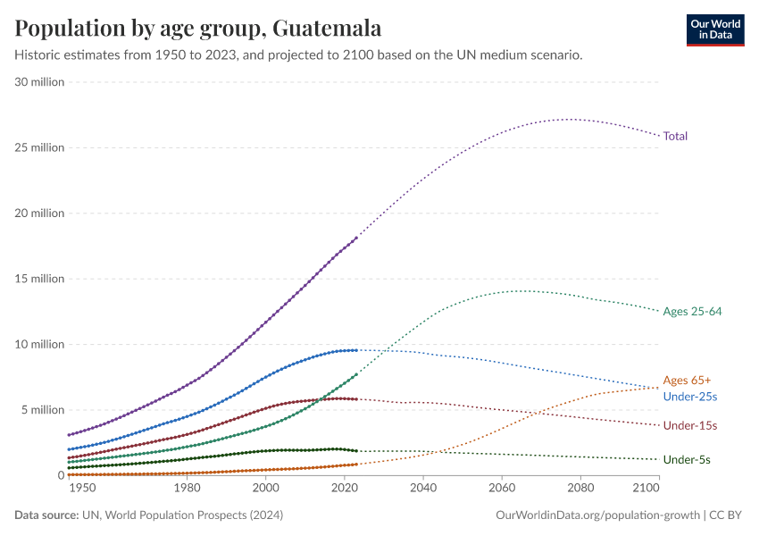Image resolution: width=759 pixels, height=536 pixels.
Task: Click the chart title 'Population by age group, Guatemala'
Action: pyautogui.click(x=198, y=29)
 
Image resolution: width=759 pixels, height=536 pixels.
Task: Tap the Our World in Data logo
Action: pyautogui.click(x=715, y=29)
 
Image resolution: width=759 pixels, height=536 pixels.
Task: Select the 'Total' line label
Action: pyautogui.click(x=675, y=136)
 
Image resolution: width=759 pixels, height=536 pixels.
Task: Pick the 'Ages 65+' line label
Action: pyautogui.click(x=687, y=380)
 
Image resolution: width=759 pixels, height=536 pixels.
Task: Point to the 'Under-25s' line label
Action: pyautogui.click(x=690, y=396)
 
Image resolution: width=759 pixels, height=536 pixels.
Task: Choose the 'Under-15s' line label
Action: pyautogui.click(x=690, y=425)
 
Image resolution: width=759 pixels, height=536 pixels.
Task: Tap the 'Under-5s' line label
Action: pyautogui.click(x=687, y=459)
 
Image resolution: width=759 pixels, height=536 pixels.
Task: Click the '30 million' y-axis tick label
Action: pyautogui.click(x=39, y=82)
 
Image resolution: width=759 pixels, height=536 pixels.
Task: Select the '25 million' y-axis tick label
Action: pyautogui.click(x=39, y=147)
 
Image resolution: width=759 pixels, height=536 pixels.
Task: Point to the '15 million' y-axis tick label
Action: pyautogui.click(x=39, y=279)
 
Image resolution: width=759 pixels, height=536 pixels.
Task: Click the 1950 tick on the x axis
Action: pyautogui.click(x=81, y=489)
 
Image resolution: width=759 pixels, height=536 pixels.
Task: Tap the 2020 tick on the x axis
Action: pyautogui.click(x=345, y=489)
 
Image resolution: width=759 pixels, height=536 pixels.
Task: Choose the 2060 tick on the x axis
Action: pyautogui.click(x=502, y=489)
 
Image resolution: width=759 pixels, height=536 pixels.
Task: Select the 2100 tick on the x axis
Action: pyautogui.click(x=646, y=489)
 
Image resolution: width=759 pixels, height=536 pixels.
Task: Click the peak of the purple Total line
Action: pyautogui.click(x=570, y=119)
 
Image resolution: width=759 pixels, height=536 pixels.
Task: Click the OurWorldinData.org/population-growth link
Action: pyautogui.click(x=596, y=515)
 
